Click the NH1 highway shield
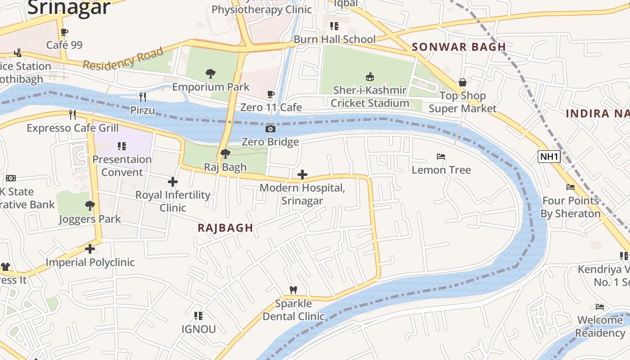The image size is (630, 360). coord(549,157)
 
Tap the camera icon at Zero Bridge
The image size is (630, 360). coord(270,129)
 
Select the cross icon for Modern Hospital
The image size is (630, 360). coord(302,175)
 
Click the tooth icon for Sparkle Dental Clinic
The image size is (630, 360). coord(293,290)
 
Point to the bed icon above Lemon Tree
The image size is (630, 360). coord(441,157)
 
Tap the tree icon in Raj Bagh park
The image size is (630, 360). coord(225,154)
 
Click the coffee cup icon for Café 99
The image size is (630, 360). coord(64,32)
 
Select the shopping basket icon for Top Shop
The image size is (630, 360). coord(462,82)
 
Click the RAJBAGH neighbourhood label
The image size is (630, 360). coord(225,228)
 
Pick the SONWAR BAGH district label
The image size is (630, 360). coord(459,47)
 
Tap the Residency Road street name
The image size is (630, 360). coord(123,58)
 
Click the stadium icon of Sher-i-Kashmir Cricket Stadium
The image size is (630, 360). coord(369,76)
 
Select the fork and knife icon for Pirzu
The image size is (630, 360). coord(142,97)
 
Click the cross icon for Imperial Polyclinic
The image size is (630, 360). coord(90,249)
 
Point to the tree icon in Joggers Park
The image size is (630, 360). coord(90,206)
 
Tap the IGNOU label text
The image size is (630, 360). coord(198,329)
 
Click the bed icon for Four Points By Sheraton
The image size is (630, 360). coord(571,187)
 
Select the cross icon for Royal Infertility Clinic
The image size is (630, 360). coord(173,182)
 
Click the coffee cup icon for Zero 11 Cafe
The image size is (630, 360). coord(270,94)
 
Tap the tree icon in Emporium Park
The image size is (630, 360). coord(210,73)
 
